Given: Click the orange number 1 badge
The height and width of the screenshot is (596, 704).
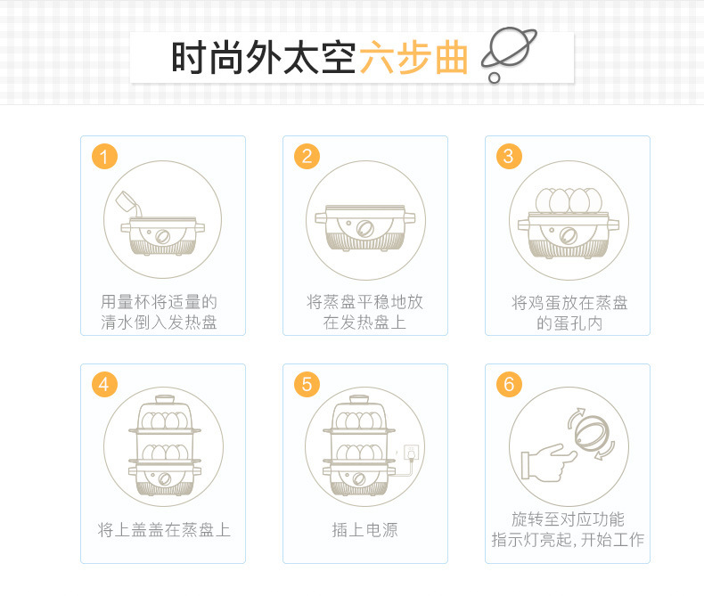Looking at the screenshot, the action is (104, 157).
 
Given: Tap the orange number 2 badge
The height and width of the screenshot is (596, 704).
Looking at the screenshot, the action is (307, 157).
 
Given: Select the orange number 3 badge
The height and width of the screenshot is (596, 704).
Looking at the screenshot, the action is (509, 157).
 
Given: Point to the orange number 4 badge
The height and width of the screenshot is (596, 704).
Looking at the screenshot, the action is (104, 385).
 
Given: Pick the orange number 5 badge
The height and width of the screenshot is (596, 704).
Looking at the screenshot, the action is (307, 385).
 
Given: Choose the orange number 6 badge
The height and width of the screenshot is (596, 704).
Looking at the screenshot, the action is (509, 385).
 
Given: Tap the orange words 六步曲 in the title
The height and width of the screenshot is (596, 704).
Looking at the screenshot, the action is (413, 57).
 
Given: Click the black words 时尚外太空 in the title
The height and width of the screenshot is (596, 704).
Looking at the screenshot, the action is (264, 57).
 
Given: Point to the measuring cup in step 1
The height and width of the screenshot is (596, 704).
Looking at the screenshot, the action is (128, 203).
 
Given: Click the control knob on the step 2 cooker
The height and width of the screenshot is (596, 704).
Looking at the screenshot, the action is (365, 228).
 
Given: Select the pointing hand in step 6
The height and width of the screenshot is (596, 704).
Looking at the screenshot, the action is (548, 463).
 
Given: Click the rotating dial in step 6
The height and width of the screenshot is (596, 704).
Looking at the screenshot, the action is (592, 433).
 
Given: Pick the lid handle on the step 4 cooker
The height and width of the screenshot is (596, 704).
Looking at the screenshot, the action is (165, 399).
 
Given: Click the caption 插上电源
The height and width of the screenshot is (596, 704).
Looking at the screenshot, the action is (364, 530).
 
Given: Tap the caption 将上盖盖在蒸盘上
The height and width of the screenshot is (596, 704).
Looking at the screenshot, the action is (164, 530).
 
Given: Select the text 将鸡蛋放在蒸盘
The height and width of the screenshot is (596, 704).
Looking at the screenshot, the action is (569, 303).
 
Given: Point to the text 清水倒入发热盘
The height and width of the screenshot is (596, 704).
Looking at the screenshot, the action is (159, 322).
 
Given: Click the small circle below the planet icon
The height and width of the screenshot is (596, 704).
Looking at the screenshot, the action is (495, 78).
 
